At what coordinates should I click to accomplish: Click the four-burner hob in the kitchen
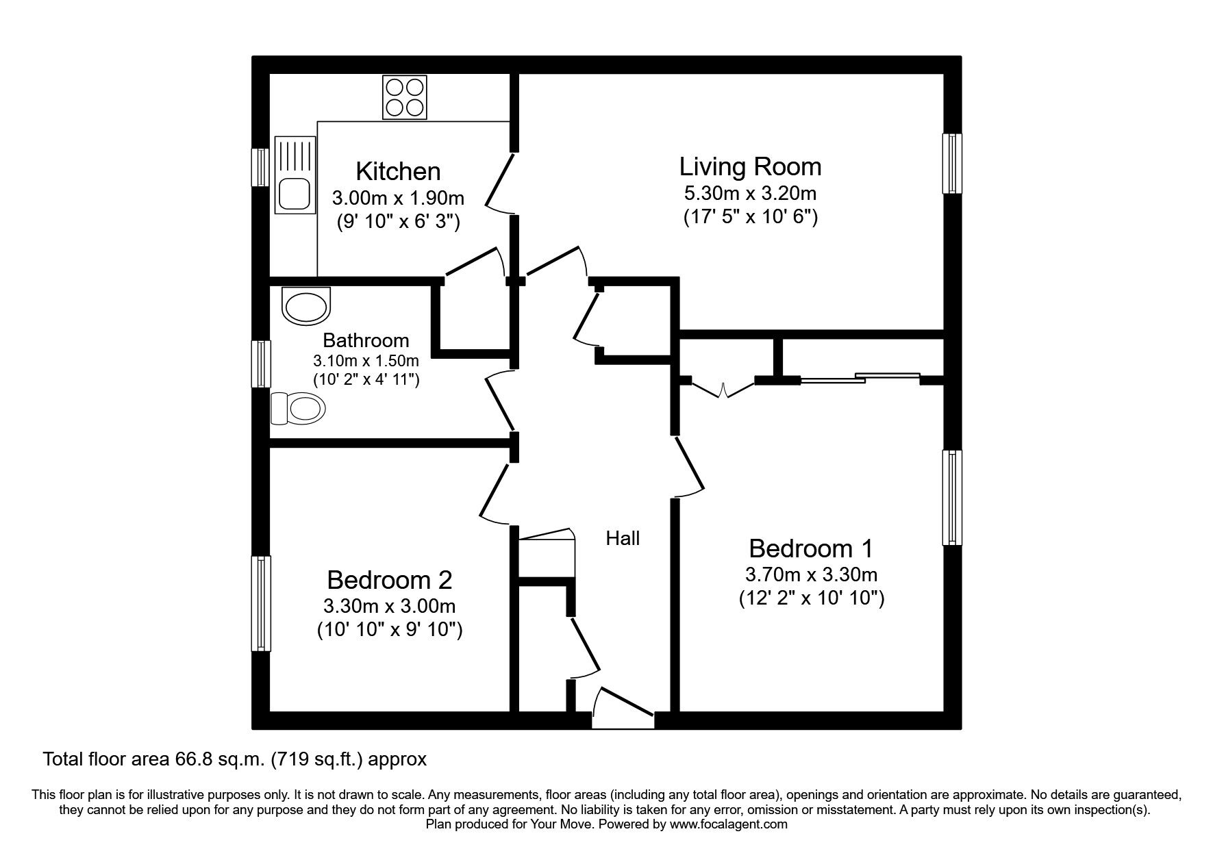click(405, 97)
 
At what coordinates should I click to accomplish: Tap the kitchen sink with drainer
click(295, 174)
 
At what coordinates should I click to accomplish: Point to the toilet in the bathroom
click(299, 409)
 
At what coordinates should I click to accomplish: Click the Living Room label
click(750, 166)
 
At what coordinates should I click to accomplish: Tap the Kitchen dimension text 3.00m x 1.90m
click(398, 199)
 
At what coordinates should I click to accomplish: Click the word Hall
click(623, 539)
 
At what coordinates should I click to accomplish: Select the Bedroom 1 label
click(811, 548)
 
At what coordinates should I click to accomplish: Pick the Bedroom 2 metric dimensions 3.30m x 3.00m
click(389, 606)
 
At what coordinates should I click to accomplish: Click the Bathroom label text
click(366, 340)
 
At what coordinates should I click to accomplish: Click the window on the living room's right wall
click(951, 164)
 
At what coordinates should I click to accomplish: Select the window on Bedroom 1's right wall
click(951, 498)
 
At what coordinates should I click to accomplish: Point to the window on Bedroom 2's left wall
click(261, 603)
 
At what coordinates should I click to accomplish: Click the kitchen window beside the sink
click(261, 167)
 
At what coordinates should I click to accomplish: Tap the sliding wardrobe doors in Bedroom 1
click(860, 377)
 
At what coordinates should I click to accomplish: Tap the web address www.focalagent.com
click(728, 824)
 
